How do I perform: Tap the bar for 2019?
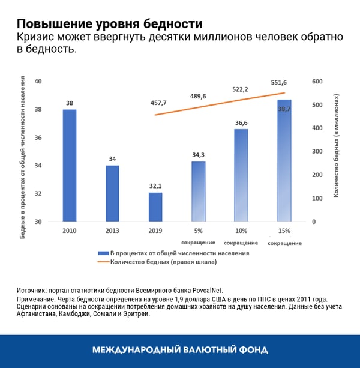[x=155, y=207]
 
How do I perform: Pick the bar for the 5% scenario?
[x=198, y=192]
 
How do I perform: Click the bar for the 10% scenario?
[x=241, y=175]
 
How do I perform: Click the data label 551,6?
[x=279, y=82]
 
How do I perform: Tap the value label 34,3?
[x=198, y=155]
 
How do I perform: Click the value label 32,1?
[x=155, y=186]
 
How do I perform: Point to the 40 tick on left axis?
[x=38, y=82]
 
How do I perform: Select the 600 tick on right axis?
[x=317, y=82]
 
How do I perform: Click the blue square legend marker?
[x=102, y=253]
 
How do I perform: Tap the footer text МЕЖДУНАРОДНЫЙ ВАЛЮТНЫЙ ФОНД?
[x=180, y=349]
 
